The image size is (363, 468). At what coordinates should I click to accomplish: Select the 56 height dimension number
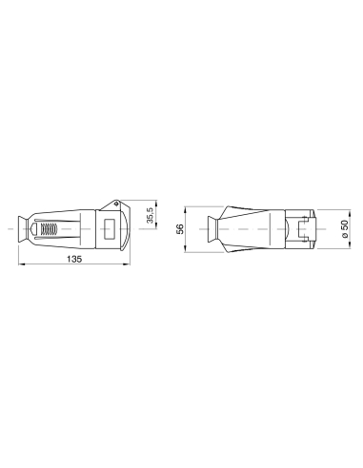(178, 228)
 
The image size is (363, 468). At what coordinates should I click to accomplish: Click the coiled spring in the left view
(47, 229)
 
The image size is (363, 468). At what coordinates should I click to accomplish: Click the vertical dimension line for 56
(186, 228)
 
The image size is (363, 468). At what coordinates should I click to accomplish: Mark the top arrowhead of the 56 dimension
(186, 205)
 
